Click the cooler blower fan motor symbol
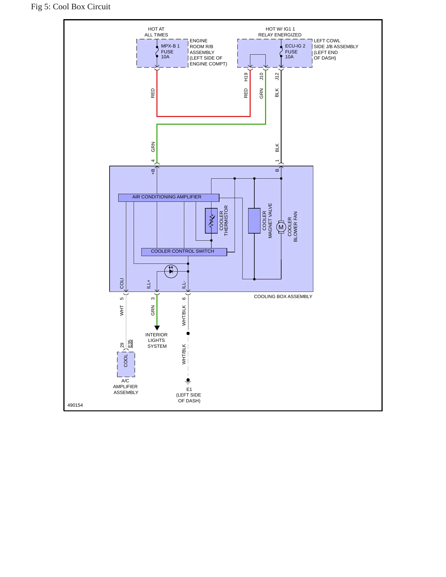(281, 227)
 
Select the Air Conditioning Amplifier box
(169, 197)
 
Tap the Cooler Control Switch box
(184, 252)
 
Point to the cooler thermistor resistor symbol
(211, 221)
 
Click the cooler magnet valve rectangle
(254, 221)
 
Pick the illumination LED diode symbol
(171, 272)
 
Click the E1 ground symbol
(188, 381)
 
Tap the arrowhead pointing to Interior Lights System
(157, 328)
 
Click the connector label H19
(246, 77)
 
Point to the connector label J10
(261, 76)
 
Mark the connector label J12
(277, 76)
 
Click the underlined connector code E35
(130, 343)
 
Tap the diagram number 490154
(75, 405)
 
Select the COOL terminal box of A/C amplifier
(126, 364)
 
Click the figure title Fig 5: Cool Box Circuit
(71, 7)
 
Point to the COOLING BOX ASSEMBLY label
(283, 297)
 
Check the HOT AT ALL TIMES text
(156, 32)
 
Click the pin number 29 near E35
(122, 345)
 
